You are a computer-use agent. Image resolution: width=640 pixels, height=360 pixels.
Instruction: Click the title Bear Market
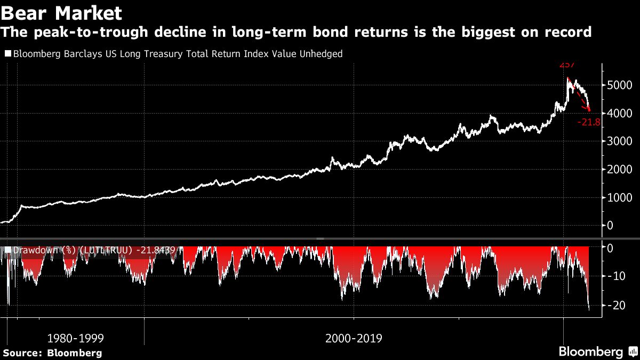pyautogui.click(x=62, y=12)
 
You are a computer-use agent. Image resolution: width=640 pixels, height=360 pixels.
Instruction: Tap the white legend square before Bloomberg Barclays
pyautogui.click(x=8, y=54)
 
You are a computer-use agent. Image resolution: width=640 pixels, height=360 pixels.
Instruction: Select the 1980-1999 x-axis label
pyautogui.click(x=75, y=338)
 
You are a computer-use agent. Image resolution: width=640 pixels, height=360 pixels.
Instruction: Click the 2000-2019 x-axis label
pyautogui.click(x=353, y=338)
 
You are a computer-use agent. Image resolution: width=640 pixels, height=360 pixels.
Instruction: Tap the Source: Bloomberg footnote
pyautogui.click(x=52, y=353)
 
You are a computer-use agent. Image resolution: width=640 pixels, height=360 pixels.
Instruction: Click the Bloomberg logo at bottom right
pyautogui.click(x=591, y=351)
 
